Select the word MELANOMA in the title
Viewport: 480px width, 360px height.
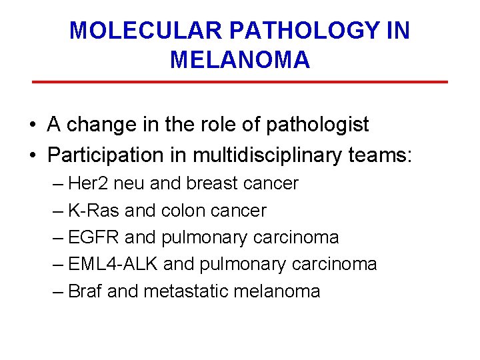(x=240, y=60)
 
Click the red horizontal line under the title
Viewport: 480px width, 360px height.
(x=240, y=82)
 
